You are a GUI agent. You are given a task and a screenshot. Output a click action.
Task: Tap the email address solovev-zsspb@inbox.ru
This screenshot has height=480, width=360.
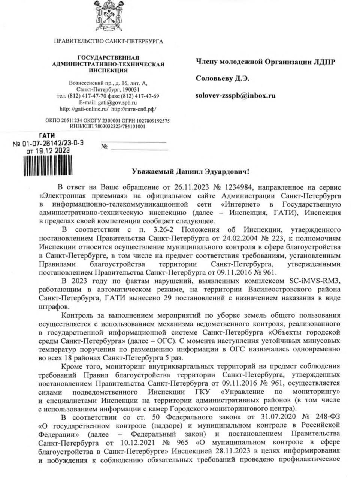tap(236, 95)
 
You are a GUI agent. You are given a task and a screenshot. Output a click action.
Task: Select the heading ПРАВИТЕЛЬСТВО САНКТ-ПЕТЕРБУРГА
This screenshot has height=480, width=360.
tap(109, 41)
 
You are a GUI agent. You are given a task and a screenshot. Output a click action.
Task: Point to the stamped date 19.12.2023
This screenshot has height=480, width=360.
tap(48, 150)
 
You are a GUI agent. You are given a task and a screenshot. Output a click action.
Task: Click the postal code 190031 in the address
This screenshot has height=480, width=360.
tap(128, 89)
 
